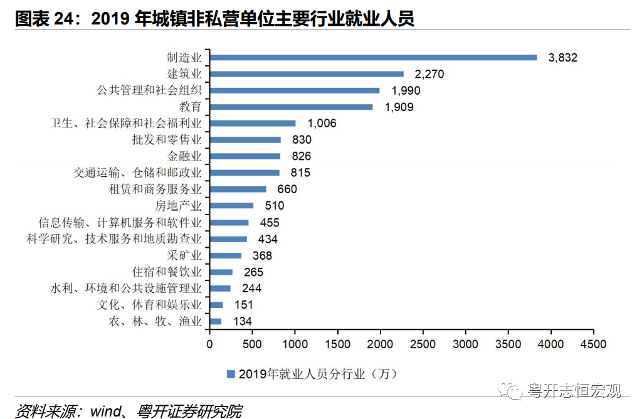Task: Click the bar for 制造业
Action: click(x=373, y=57)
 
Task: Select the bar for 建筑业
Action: click(x=307, y=74)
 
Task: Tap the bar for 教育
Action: click(x=291, y=107)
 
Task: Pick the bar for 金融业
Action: click(x=245, y=156)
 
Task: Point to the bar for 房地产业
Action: click(x=231, y=205)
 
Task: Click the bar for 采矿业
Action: click(x=225, y=255)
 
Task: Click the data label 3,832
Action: click(x=562, y=58)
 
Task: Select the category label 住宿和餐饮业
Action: click(x=167, y=272)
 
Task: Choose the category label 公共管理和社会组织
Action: click(x=150, y=90)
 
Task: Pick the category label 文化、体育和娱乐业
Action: click(x=150, y=305)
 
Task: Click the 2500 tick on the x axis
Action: click(x=423, y=344)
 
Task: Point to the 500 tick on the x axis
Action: click(x=252, y=344)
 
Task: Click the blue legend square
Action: click(x=231, y=374)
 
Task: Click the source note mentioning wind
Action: click(x=129, y=411)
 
